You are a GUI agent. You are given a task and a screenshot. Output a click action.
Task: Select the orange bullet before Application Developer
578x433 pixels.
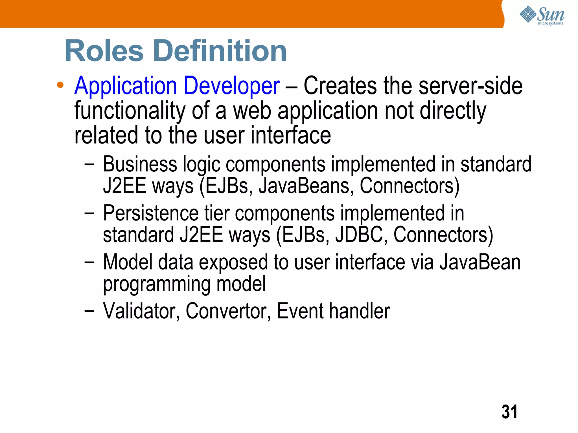60,85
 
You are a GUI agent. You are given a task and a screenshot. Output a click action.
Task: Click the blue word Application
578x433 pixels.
126,86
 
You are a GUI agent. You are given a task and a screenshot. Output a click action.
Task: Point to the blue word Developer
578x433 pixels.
232,86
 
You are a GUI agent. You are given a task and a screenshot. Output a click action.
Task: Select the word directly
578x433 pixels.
453,111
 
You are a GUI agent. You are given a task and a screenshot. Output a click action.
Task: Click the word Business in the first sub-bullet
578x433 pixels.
140,164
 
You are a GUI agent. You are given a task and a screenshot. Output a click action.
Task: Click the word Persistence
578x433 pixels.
151,213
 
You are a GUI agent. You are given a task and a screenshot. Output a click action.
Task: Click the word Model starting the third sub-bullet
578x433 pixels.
127,262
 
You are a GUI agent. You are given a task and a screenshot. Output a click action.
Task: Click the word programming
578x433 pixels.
157,284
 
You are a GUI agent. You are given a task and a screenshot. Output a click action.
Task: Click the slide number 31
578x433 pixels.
509,412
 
